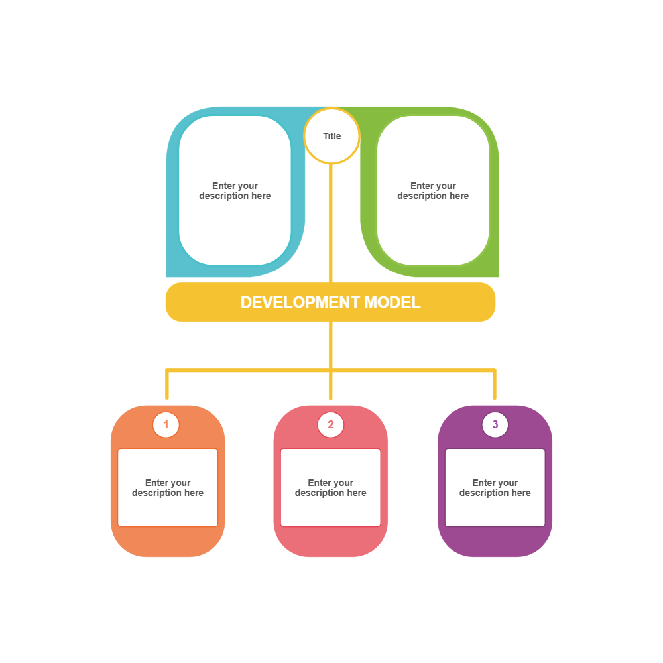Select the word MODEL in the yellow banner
click(x=392, y=302)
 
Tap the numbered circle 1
click(x=166, y=424)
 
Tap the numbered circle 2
click(x=331, y=424)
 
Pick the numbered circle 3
click(x=495, y=424)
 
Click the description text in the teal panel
click(x=235, y=191)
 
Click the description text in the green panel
click(x=433, y=191)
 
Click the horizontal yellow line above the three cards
click(x=249, y=370)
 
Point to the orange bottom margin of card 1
click(x=168, y=542)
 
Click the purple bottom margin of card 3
click(x=495, y=542)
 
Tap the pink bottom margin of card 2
click(x=331, y=542)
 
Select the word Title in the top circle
click(x=331, y=136)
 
